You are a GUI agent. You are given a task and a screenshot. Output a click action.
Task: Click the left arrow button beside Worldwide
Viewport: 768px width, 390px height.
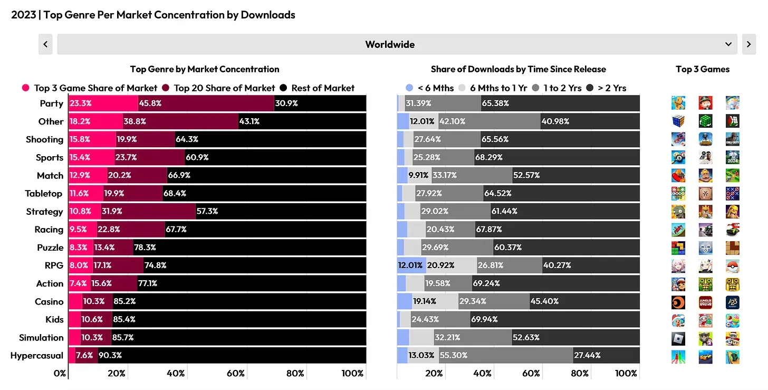[45, 44]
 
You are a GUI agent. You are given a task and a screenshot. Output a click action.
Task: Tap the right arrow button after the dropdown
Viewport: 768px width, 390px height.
[748, 44]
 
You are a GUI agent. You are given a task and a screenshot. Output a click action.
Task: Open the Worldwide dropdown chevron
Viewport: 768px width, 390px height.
[728, 44]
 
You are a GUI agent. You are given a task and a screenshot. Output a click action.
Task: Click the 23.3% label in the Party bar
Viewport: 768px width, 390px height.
[80, 103]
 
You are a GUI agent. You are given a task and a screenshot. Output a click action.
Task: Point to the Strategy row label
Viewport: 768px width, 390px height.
[44, 212]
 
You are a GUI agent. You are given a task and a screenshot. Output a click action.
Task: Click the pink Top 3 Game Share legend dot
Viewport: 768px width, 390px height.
[25, 88]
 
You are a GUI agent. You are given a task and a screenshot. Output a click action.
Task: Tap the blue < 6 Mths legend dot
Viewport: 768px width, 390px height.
[409, 88]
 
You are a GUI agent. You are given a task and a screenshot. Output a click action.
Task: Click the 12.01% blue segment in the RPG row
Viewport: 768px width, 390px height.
[411, 265]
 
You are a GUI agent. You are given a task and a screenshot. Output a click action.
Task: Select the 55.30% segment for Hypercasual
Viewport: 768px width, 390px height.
[453, 356]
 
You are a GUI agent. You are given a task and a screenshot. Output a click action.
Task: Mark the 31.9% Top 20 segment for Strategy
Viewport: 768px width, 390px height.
[112, 212]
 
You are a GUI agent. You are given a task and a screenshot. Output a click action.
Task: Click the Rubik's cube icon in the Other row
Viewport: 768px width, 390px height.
[678, 121]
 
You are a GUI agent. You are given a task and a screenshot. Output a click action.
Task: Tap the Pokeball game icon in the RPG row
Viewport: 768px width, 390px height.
[732, 265]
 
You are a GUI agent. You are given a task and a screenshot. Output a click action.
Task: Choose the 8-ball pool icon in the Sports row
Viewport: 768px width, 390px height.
[678, 157]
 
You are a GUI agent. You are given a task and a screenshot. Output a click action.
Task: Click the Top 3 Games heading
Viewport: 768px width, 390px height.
[703, 69]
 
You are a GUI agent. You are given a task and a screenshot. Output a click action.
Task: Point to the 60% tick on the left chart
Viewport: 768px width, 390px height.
[236, 374]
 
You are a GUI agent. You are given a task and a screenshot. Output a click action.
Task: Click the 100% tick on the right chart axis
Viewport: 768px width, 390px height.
[626, 374]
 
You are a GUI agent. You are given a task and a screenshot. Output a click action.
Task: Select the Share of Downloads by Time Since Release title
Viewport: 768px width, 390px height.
[518, 69]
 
